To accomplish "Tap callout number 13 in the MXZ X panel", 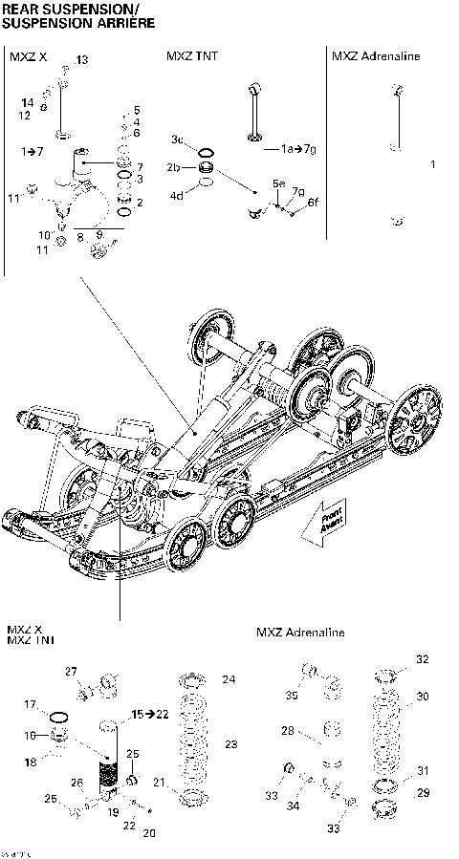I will (x=81, y=60).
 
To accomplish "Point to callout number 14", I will (x=27, y=102).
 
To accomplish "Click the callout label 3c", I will (x=178, y=140).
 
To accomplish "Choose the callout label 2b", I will (x=174, y=167).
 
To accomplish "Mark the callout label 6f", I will (x=311, y=202).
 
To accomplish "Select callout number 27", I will (x=70, y=672).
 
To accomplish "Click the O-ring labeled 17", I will (x=57, y=716).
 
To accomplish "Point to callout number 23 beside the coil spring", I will (x=229, y=743).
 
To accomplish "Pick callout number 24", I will (x=229, y=679).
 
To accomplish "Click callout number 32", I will (x=422, y=659).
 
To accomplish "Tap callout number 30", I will (x=422, y=696).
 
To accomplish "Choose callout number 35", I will (x=292, y=695).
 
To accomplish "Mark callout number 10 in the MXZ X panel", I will (x=44, y=235).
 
